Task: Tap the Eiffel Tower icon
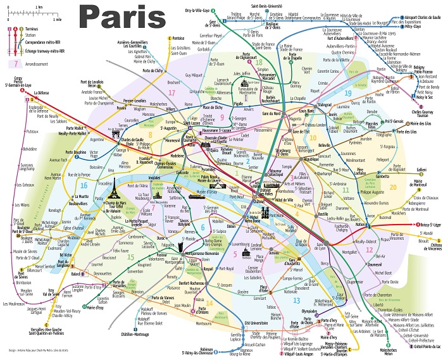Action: tap(111, 179)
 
